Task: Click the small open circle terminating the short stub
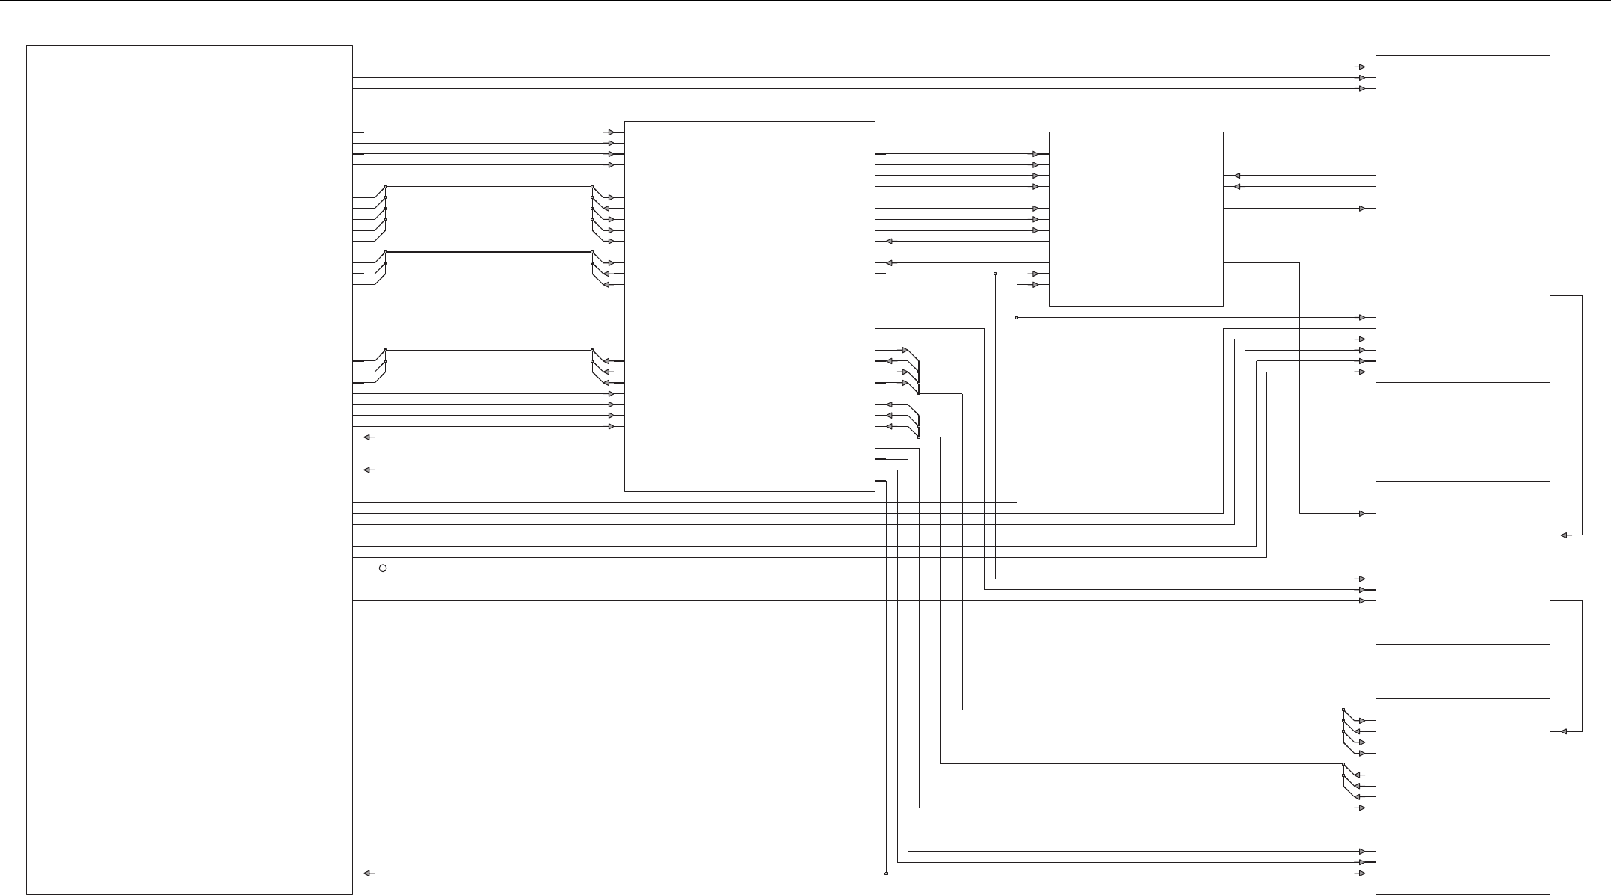(383, 568)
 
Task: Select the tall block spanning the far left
(189, 470)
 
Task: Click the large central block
(749, 306)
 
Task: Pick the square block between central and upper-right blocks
(1136, 219)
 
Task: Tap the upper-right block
(1462, 218)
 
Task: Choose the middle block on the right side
(1462, 562)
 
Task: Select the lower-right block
(1462, 796)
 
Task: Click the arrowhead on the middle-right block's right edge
(1563, 535)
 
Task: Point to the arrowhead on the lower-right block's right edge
(1563, 732)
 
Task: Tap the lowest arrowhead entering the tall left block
(366, 873)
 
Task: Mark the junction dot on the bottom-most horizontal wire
(886, 873)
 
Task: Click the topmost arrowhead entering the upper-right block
(1362, 67)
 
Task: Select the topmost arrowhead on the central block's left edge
(611, 132)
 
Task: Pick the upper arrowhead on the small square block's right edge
(1237, 176)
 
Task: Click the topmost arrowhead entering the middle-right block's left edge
(1362, 514)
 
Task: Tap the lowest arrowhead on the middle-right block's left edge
(1362, 601)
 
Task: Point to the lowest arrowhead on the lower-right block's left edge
(1362, 873)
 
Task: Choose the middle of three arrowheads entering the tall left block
(366, 470)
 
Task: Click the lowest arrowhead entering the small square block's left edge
(1035, 285)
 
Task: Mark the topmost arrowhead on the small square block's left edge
(1035, 154)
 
